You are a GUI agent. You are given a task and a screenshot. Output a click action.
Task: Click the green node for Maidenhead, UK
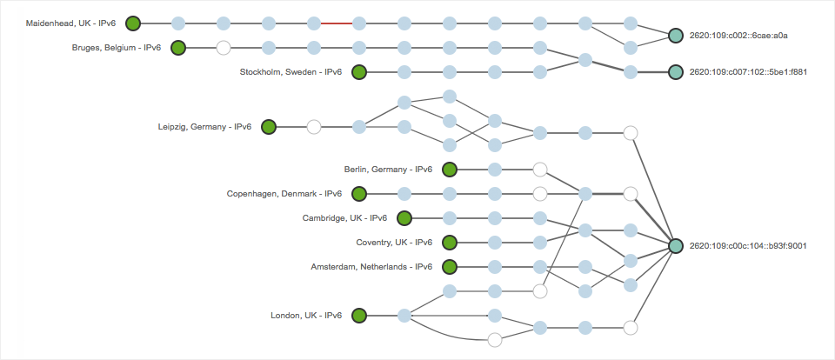[x=133, y=23]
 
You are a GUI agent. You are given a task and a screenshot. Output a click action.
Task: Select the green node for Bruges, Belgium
[x=178, y=48]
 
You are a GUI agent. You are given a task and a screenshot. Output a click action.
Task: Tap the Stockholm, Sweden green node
[x=359, y=72]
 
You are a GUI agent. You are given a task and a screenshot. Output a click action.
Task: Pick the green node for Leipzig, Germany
[x=269, y=127]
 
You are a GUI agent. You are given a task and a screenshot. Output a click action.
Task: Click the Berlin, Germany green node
[x=450, y=169]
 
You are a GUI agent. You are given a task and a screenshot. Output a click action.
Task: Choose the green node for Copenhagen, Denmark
[x=359, y=193]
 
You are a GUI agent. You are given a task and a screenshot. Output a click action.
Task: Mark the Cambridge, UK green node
[x=404, y=217]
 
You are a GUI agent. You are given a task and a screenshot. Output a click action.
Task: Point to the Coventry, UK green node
[x=450, y=242]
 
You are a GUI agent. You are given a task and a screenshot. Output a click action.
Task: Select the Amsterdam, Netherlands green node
[x=450, y=266]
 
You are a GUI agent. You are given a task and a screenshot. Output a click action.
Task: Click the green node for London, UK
[x=359, y=315]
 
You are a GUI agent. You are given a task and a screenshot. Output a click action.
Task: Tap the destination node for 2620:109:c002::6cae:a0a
[x=676, y=36]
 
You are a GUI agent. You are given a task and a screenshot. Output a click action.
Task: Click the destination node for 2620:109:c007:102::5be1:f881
[x=676, y=72]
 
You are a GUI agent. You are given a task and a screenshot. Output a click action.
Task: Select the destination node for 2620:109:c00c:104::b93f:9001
[x=676, y=246]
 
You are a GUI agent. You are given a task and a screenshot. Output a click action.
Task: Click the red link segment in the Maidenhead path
[x=337, y=23]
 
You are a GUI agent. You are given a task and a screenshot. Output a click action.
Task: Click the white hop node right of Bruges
[x=224, y=48]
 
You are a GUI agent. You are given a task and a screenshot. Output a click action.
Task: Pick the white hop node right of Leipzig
[x=314, y=127]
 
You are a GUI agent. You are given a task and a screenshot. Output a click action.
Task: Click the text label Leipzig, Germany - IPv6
[x=204, y=127]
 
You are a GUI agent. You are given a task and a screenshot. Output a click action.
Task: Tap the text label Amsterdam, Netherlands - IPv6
[x=371, y=266]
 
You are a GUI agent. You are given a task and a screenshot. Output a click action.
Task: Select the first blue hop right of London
[x=404, y=315]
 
